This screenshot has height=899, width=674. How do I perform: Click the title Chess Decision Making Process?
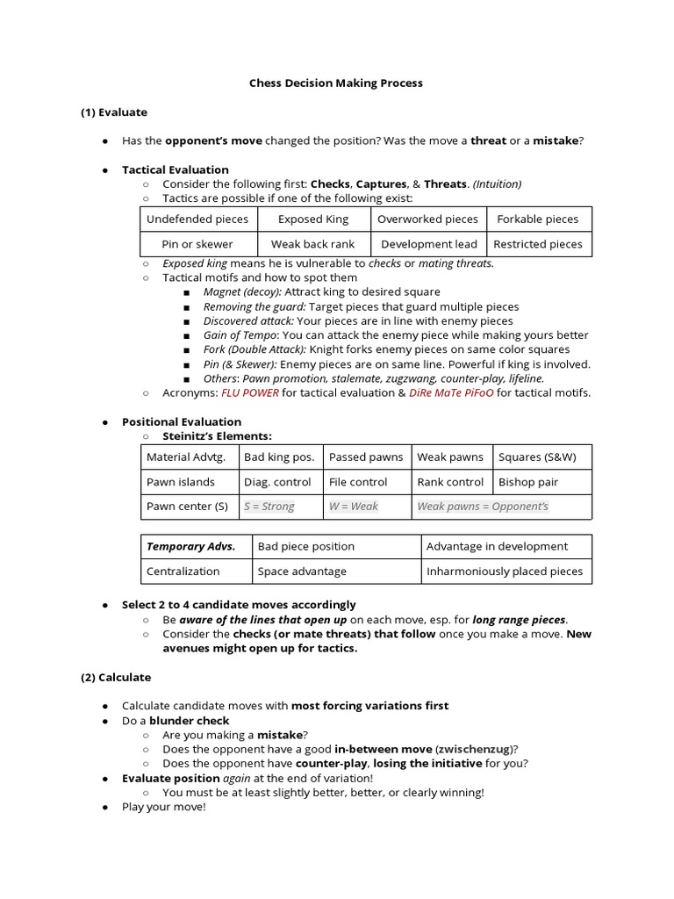(336, 83)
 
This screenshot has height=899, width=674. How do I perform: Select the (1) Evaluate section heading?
(114, 112)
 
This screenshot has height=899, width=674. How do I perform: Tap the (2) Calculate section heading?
(116, 677)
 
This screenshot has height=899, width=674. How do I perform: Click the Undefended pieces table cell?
(197, 219)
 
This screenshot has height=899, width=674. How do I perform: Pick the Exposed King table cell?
(313, 219)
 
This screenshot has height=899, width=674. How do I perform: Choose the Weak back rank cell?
(313, 244)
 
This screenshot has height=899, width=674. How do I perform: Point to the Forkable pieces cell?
(538, 219)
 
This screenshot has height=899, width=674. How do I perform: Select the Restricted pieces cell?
(538, 244)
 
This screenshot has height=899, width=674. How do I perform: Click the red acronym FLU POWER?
(249, 392)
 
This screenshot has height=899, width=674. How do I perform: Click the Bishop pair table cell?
(528, 482)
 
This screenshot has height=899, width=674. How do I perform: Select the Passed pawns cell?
(366, 457)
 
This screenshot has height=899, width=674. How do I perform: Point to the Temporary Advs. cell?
(190, 546)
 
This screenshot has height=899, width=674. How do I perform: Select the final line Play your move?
(163, 807)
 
